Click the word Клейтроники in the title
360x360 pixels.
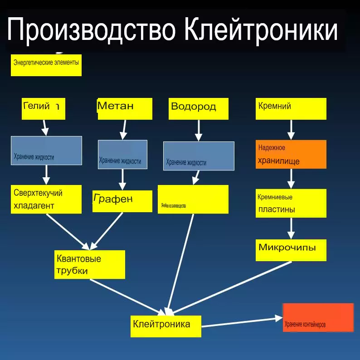click(262, 31)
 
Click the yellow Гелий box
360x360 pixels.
click(44, 109)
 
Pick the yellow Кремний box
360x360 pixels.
click(291, 109)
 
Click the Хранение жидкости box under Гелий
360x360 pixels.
click(46, 150)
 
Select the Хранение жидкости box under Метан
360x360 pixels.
click(122, 155)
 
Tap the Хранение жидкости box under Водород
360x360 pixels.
click(199, 156)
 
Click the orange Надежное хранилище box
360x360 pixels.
click(291, 154)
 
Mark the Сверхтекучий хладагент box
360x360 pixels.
click(46, 199)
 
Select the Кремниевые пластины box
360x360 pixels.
click(291, 203)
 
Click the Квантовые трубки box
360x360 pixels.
click(90, 264)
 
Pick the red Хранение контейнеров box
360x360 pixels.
click(318, 317)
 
